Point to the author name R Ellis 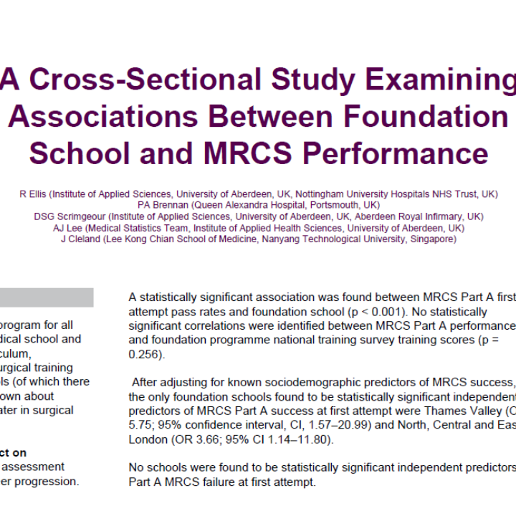click(x=33, y=194)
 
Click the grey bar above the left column click(x=47, y=297)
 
